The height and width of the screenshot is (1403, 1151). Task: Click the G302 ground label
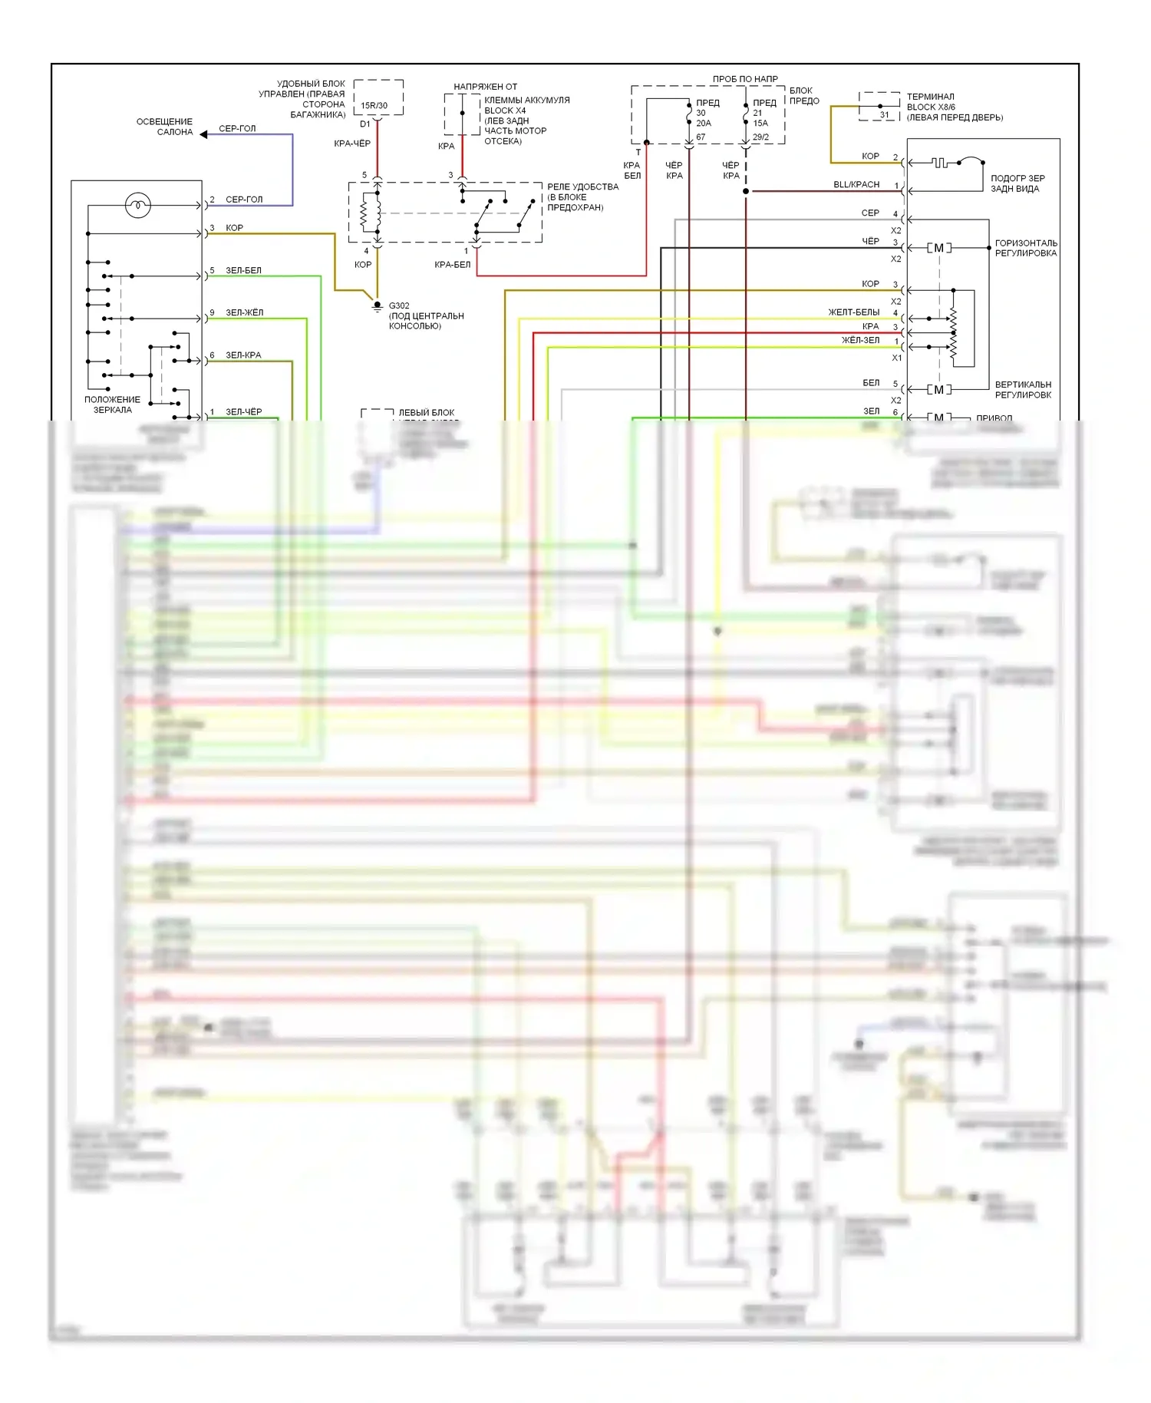click(399, 305)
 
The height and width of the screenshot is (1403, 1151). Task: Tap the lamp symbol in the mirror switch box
click(138, 205)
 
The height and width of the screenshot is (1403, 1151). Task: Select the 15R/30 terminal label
click(374, 106)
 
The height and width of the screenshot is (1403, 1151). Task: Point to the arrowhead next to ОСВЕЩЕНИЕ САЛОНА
click(204, 134)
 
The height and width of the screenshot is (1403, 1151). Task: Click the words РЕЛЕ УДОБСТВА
click(582, 187)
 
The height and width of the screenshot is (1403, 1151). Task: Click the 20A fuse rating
click(704, 123)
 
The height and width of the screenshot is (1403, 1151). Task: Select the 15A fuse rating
click(760, 123)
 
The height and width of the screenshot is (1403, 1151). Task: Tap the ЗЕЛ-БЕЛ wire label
click(243, 270)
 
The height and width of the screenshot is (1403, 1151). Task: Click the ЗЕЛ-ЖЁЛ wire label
click(244, 312)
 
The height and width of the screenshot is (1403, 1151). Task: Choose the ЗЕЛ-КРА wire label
click(243, 355)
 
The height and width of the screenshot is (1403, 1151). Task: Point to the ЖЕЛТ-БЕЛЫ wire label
click(853, 312)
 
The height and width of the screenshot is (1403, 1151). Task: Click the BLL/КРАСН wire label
click(856, 184)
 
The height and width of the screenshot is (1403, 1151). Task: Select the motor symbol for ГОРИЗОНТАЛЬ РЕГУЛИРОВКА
click(938, 248)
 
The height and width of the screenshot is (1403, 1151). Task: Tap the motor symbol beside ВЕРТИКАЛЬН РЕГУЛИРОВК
click(938, 390)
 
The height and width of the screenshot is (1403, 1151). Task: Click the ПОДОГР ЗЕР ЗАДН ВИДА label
click(1017, 183)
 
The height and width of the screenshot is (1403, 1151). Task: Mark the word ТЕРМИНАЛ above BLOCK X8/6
click(930, 97)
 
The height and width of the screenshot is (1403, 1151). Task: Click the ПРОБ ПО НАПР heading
click(744, 79)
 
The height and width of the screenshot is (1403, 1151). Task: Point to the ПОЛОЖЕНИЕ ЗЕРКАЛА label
click(112, 404)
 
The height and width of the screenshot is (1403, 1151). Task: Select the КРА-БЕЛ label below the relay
click(452, 265)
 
